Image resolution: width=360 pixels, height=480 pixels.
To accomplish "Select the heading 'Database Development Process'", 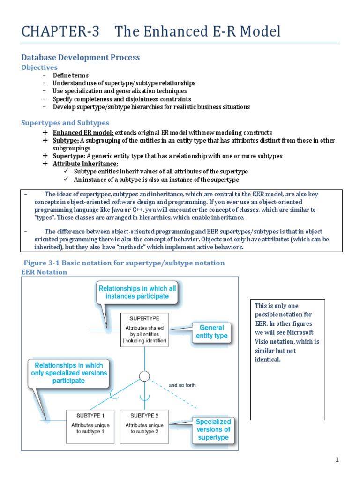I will click(81, 57).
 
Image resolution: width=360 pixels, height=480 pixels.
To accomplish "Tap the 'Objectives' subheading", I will click(39, 67).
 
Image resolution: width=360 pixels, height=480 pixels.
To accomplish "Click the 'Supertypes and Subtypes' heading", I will click(65, 123).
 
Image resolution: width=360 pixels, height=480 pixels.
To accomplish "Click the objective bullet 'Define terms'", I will click(71, 75).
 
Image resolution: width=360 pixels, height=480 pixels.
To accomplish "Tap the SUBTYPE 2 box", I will click(144, 426).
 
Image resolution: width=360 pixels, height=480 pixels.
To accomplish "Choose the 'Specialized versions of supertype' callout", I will click(213, 429).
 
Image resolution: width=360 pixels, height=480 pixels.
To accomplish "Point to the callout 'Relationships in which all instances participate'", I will click(137, 292).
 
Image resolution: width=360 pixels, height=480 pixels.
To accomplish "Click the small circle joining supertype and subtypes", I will click(144, 376).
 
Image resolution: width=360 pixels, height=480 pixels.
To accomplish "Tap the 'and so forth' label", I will click(182, 385).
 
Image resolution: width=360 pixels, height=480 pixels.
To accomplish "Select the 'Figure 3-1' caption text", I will click(124, 263).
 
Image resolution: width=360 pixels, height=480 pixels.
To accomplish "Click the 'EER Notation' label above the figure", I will click(44, 272).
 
